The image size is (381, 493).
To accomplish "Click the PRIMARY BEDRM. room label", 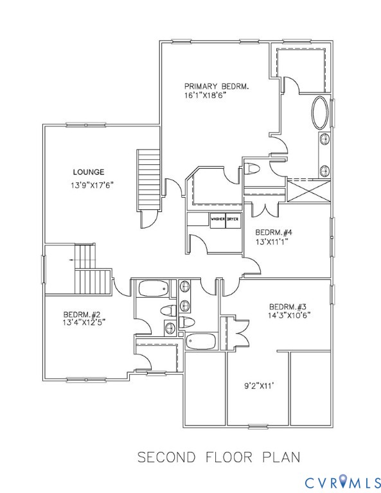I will [x=217, y=86].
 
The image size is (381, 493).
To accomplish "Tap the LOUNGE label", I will [x=89, y=171].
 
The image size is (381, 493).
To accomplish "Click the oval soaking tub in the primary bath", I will [x=319, y=113].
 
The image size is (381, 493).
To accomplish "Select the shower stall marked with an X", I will [x=309, y=191].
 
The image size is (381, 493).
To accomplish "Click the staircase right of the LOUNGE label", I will [x=148, y=179].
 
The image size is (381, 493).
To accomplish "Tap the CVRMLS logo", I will [x=340, y=480].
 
